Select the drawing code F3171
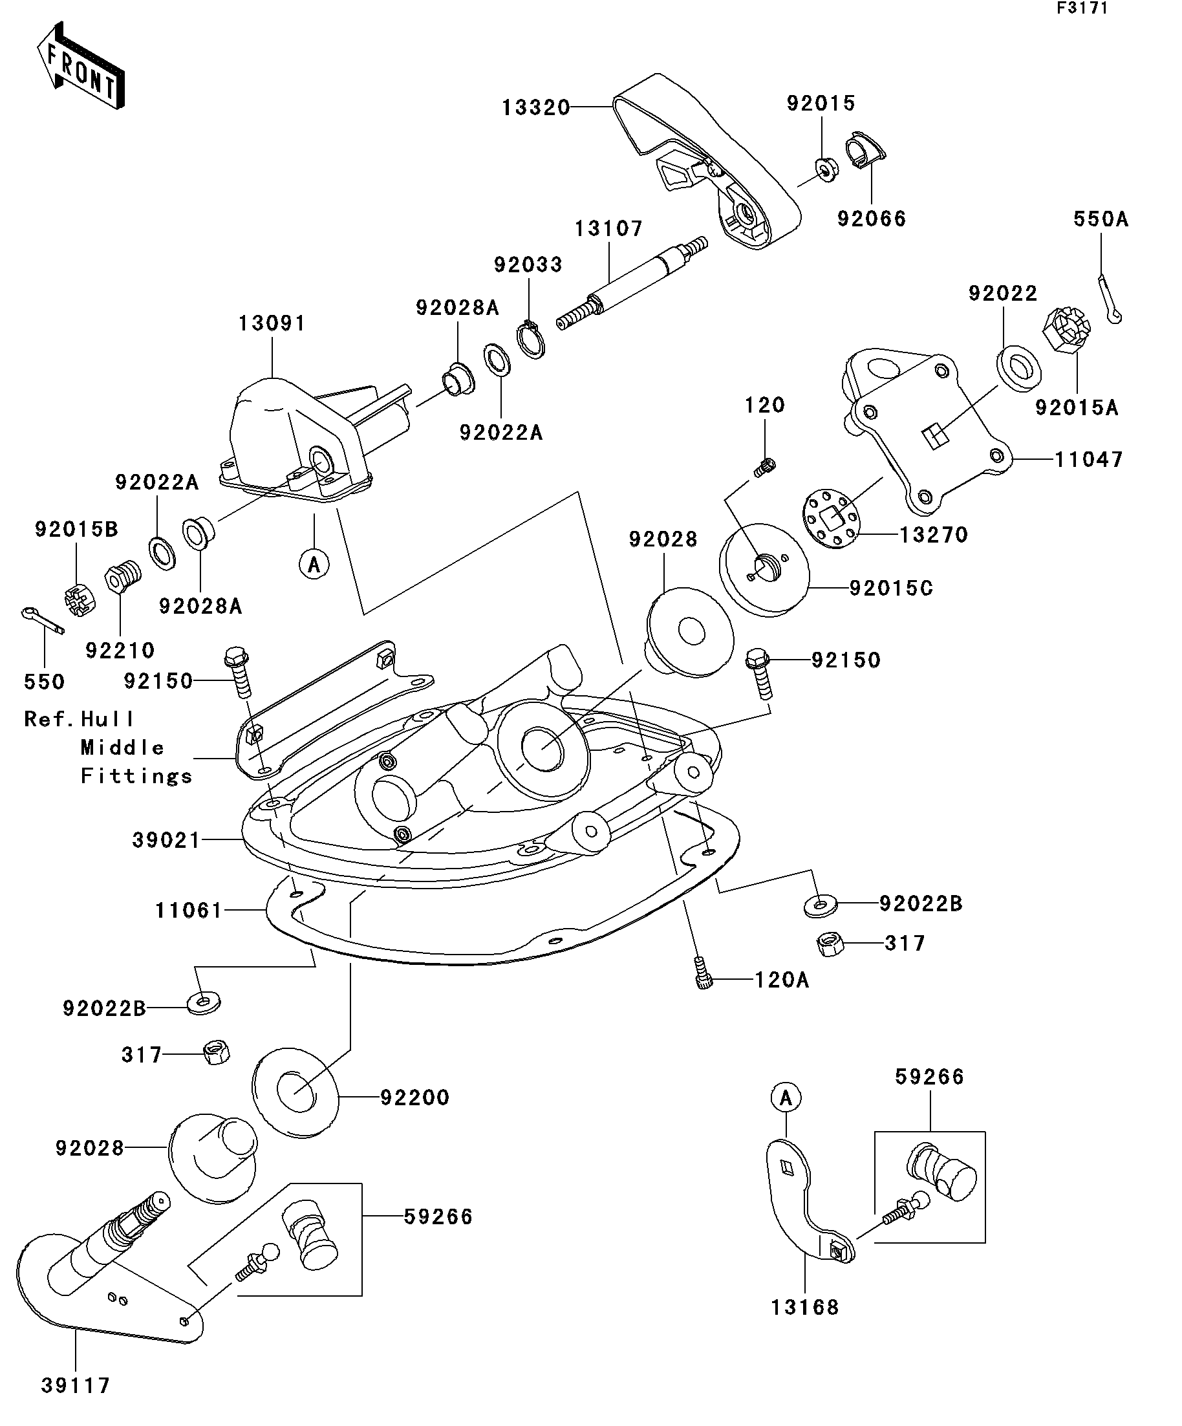coord(1082,9)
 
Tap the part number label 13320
coord(535,108)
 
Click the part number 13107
coord(608,229)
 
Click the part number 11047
coord(1088,460)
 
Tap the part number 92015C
coord(891,588)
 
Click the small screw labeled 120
coord(764,466)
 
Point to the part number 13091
coord(272,324)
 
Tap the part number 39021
coord(166,841)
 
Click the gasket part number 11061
coord(189,911)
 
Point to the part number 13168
coord(804,1307)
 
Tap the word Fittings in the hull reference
coord(136,776)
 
